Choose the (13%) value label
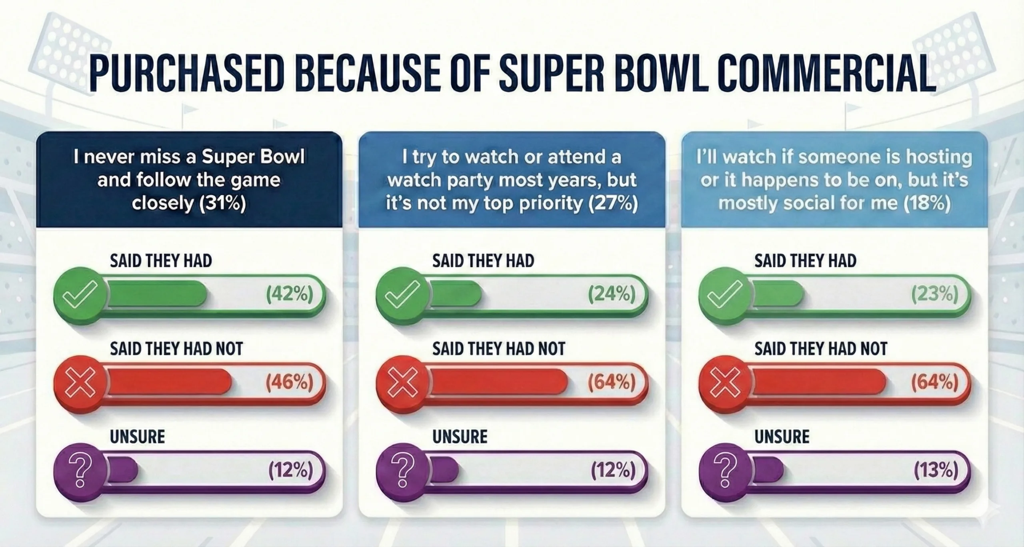click(936, 471)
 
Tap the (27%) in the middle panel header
click(613, 204)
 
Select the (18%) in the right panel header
click(927, 204)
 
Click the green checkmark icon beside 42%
click(80, 295)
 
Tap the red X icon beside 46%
click(80, 383)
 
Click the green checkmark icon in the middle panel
click(402, 295)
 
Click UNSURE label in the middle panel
click(460, 436)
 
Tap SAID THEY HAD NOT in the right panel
click(821, 349)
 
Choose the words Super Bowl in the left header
click(253, 157)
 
